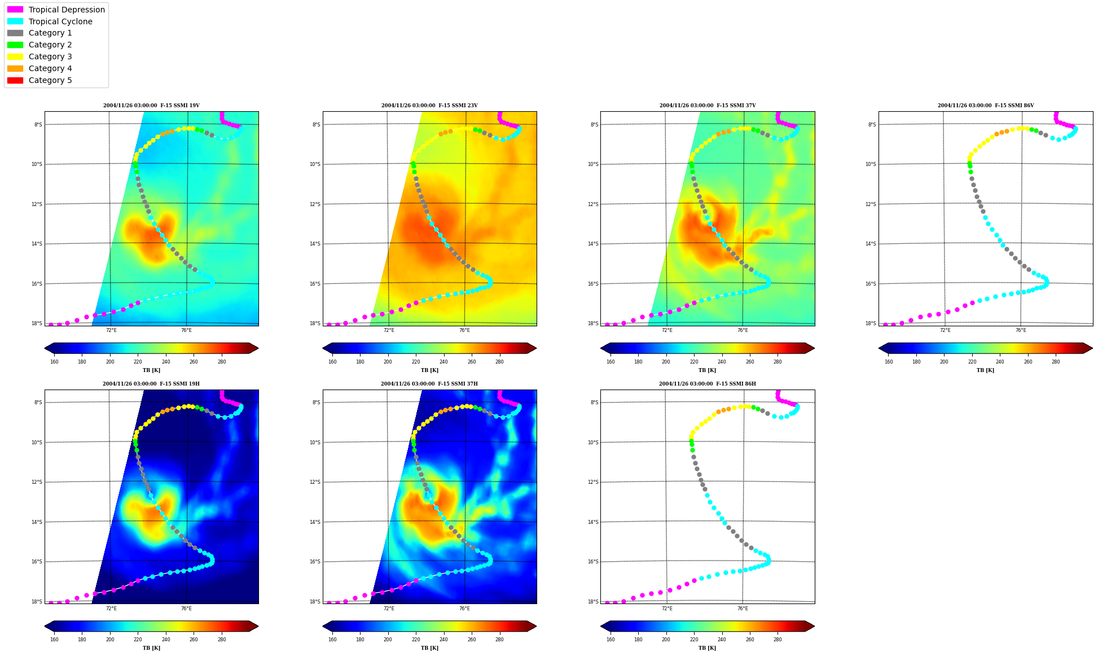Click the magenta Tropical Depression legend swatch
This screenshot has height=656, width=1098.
(x=15, y=10)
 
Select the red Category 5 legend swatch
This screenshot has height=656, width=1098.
(x=15, y=80)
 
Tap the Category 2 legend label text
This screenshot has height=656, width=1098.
(x=50, y=45)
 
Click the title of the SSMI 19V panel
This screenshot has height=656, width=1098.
(x=151, y=106)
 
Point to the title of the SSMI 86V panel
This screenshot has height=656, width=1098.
(x=986, y=106)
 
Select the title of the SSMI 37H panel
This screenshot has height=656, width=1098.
(x=429, y=384)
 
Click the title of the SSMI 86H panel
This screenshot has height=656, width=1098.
(x=708, y=384)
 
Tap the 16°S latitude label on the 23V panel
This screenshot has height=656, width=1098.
(x=315, y=284)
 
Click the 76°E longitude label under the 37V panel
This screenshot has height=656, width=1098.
(x=743, y=330)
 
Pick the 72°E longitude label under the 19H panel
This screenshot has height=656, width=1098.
(x=111, y=609)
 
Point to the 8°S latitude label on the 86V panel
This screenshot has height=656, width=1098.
(x=872, y=125)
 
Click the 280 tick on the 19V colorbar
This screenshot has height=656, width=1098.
(x=222, y=362)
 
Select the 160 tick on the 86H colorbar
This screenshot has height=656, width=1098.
(x=611, y=640)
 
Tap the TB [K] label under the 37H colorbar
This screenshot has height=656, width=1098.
(x=429, y=648)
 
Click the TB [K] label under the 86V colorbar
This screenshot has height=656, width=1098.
(x=986, y=370)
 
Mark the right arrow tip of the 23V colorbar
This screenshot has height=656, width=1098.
(x=536, y=348)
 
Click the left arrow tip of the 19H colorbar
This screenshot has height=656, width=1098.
(x=45, y=626)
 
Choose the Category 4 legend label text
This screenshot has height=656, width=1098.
(x=50, y=68)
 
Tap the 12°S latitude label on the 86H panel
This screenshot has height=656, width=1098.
(x=593, y=482)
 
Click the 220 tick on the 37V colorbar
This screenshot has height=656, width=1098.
(x=694, y=362)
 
